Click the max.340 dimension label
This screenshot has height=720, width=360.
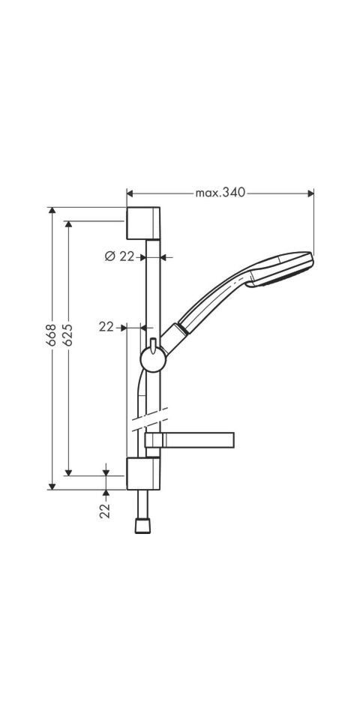pos(220,193)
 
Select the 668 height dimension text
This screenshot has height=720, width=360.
pos(51,334)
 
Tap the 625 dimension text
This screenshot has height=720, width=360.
pos(67,334)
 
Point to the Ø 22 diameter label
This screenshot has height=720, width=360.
pos(119,256)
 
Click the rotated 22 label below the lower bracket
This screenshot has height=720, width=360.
pos(105,510)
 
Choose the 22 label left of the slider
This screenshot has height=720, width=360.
pos(106,326)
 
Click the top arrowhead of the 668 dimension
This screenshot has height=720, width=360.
pos(52,211)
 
